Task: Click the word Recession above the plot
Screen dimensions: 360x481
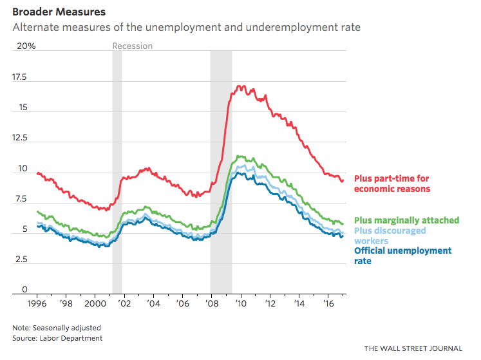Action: tap(133, 46)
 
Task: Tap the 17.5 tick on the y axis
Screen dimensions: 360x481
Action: tap(19, 77)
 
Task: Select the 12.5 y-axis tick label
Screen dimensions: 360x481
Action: tap(19, 138)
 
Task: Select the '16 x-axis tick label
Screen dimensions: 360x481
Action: tap(328, 301)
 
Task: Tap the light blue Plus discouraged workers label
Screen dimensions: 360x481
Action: tap(390, 236)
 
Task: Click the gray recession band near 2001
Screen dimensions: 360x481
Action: tap(117, 167)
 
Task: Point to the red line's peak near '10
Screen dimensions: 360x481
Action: tap(240, 86)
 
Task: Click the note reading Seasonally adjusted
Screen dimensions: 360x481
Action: tap(56, 327)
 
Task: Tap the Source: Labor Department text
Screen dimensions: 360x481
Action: tap(57, 337)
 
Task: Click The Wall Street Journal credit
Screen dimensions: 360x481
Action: tap(413, 348)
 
